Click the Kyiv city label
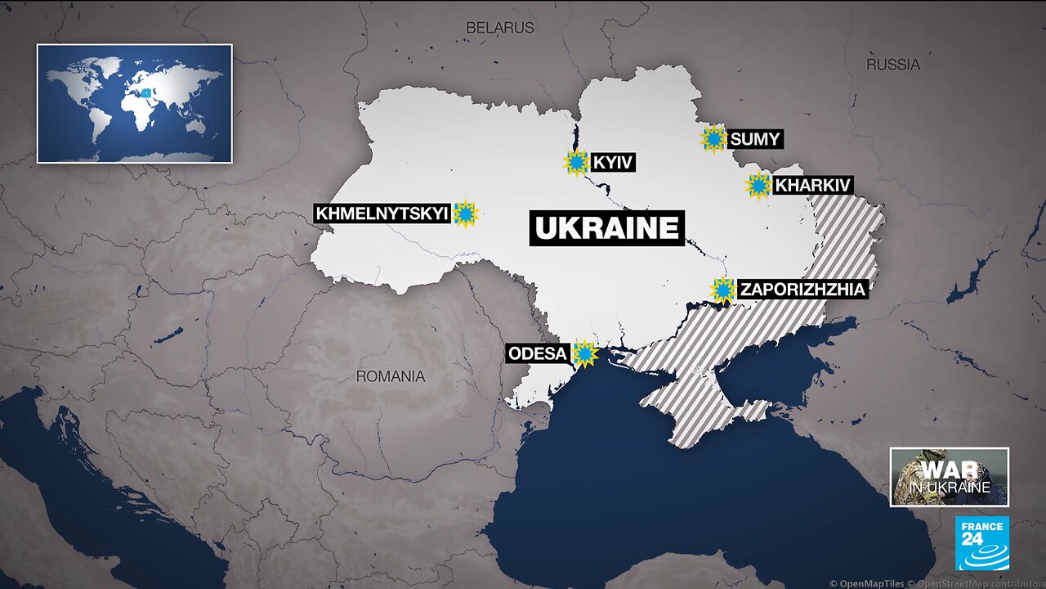613,162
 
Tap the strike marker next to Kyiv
576,163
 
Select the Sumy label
755,139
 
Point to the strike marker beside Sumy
713,139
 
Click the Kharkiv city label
812,186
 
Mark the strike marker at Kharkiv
758,186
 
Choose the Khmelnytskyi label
382,214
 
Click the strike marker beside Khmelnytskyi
466,214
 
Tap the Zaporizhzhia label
802,289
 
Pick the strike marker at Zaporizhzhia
722,290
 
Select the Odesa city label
537,353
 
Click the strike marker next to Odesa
584,353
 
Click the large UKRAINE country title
606,227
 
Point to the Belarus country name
499,28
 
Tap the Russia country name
893,64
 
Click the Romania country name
390,376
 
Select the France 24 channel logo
981,542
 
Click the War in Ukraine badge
949,477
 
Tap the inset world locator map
134,103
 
